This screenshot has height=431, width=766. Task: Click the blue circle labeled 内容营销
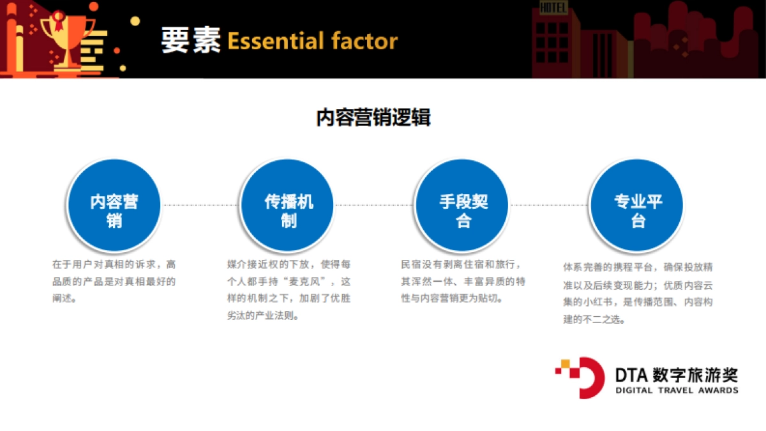(x=114, y=205)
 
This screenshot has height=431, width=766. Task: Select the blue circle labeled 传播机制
(x=289, y=205)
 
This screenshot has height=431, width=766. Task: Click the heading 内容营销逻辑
(x=373, y=118)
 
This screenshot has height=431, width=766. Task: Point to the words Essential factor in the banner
(x=312, y=41)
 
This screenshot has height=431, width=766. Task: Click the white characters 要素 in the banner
(x=190, y=41)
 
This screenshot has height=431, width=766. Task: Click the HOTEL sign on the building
(x=553, y=8)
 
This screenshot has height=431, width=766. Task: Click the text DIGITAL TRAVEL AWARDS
(x=677, y=390)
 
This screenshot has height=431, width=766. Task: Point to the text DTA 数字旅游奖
(x=677, y=373)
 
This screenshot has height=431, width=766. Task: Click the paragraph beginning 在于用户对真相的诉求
(x=114, y=281)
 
